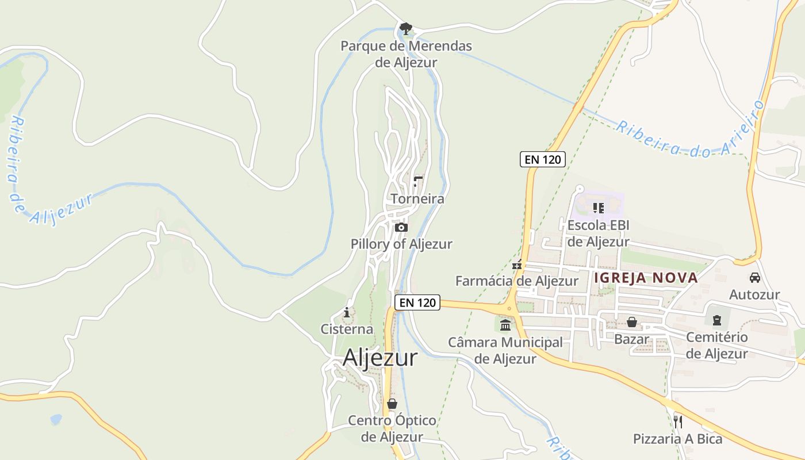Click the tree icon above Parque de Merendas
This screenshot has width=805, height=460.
pos(406,28)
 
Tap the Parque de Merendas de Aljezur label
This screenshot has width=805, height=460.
pos(406,54)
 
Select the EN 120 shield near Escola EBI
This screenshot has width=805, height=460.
pos(543,159)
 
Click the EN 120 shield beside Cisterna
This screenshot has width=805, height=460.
pos(417,302)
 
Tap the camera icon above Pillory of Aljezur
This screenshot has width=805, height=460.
pos(401,228)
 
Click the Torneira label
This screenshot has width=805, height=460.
pos(417,199)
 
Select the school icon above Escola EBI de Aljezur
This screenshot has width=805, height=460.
pos(599,208)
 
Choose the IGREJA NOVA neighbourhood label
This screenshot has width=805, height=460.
pos(646,278)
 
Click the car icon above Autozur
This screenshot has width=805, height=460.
pos(754,278)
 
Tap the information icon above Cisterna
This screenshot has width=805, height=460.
pos(347,313)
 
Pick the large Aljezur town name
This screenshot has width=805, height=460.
pos(380,358)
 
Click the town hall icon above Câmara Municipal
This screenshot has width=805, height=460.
pos(505,325)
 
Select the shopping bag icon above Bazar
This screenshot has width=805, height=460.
pos(631,322)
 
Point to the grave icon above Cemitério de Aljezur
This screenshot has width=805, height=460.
pos(717,320)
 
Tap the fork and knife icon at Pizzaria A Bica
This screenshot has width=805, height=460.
pos(677,422)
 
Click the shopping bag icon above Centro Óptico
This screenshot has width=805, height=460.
pos(392,404)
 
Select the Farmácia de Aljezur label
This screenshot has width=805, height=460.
pos(516,281)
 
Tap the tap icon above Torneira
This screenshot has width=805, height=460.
pos(418,182)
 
